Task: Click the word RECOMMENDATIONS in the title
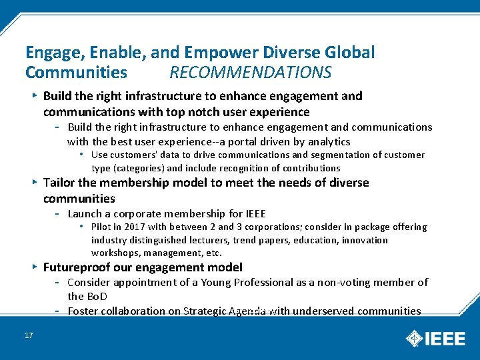click(250, 72)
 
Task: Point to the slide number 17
click(29, 335)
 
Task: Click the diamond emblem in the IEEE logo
click(415, 338)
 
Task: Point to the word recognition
click(223, 168)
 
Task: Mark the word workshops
click(113, 253)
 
